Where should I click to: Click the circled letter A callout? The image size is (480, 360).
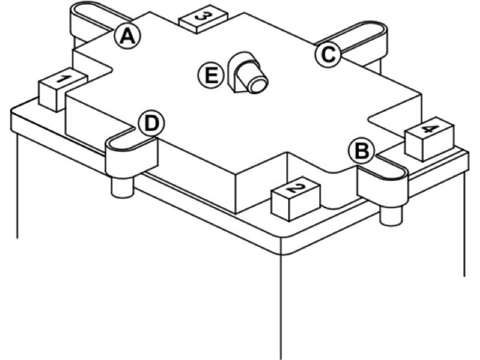tap(127, 37)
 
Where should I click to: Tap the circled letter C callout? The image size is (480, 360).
tap(328, 54)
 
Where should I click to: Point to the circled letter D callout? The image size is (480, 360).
tap(151, 124)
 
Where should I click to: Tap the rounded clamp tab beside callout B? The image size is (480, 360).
tap(384, 180)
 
